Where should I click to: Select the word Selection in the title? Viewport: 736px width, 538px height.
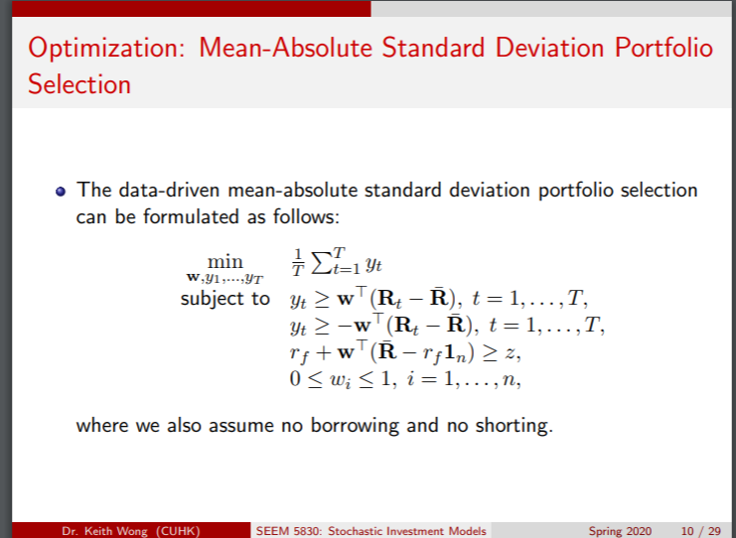79,84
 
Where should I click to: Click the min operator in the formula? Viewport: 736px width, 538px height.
224,261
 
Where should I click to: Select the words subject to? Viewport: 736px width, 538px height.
224,298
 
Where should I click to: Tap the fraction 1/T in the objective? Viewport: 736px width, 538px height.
297,264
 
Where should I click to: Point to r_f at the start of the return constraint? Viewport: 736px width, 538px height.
299,352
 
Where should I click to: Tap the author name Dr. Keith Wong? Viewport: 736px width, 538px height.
123,531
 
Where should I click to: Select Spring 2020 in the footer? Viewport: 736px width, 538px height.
620,531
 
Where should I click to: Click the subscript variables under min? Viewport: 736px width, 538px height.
224,278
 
